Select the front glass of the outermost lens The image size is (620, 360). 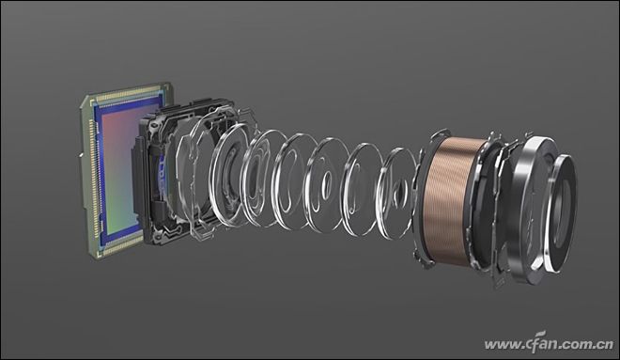[x=563, y=214]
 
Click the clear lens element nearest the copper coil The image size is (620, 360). [x=396, y=194]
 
